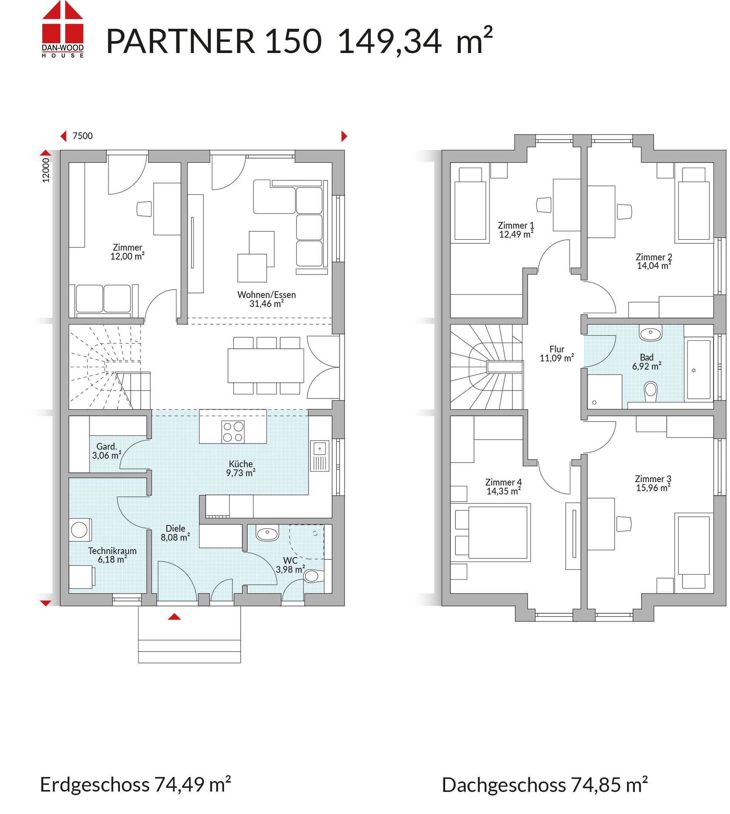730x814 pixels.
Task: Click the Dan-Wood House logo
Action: [x=63, y=29]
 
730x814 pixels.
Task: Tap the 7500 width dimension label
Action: [x=82, y=136]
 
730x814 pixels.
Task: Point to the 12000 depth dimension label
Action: [x=46, y=170]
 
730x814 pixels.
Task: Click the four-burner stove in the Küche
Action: [x=233, y=432]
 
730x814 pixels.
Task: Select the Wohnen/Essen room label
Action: [x=266, y=299]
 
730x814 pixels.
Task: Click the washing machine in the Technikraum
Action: [x=80, y=530]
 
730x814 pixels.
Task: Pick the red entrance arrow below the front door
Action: [x=174, y=617]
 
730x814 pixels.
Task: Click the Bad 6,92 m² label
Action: [x=646, y=362]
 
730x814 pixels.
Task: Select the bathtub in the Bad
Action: [x=698, y=369]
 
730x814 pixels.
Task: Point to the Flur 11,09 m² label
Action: [x=556, y=354]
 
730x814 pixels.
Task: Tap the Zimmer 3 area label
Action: [x=653, y=483]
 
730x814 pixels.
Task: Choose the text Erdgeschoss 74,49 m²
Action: [x=135, y=784]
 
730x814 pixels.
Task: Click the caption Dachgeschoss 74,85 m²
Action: [x=545, y=785]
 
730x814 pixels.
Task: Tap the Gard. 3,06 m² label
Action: [x=107, y=451]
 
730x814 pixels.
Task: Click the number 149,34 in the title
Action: [x=390, y=41]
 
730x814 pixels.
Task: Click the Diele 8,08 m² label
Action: [x=175, y=533]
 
